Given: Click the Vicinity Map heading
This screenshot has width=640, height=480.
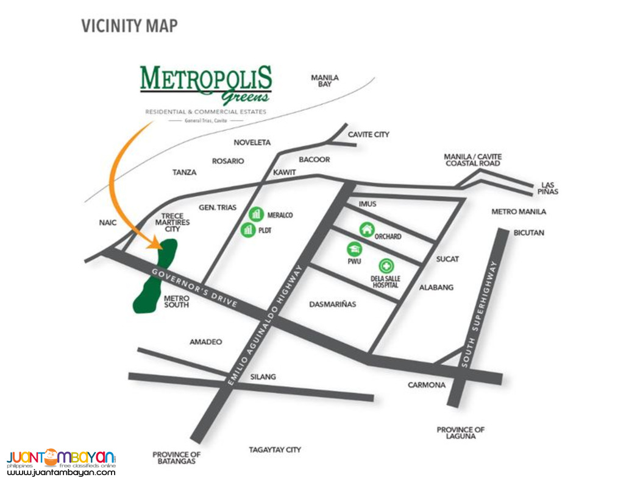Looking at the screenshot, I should (x=130, y=26).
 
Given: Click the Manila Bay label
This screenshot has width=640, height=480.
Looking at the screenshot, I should (x=325, y=81).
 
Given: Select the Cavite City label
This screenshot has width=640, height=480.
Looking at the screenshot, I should (x=368, y=134).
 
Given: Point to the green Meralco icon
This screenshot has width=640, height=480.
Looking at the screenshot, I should (x=256, y=214).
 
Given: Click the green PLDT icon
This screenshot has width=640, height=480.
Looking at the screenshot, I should (x=247, y=230).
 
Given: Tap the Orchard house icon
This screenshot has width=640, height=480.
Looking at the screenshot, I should (x=366, y=230).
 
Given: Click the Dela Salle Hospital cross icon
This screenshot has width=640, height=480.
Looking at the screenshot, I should (x=385, y=266).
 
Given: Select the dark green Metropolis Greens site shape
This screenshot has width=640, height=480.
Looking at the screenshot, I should (x=155, y=277).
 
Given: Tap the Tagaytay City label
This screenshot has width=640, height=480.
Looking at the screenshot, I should (x=275, y=450).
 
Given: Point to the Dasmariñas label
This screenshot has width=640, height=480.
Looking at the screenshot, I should (x=332, y=303).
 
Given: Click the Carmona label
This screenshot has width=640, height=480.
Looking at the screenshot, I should (x=427, y=385).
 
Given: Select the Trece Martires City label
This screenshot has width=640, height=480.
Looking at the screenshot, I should (x=176, y=223).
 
